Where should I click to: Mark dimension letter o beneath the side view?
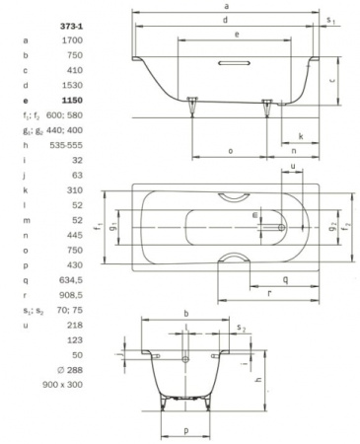click(229, 150)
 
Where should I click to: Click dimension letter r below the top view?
click(269, 294)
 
